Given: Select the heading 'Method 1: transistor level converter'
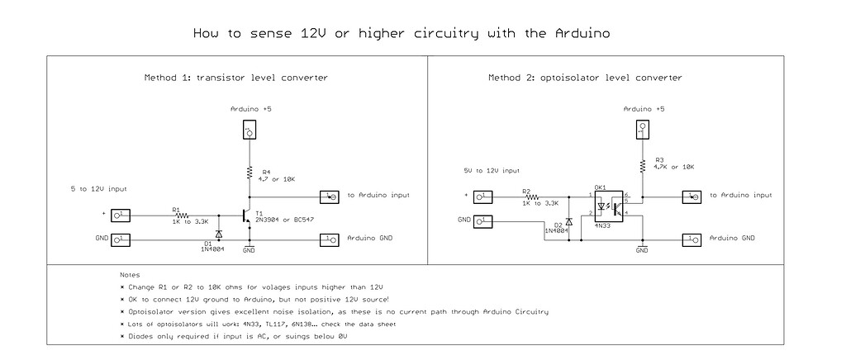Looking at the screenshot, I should tap(236, 78).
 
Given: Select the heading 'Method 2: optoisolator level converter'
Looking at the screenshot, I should tap(585, 78).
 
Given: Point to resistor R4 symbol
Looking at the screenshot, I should tap(249, 173).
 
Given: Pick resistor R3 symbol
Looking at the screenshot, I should tap(642, 165).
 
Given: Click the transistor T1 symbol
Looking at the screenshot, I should tap(245, 216).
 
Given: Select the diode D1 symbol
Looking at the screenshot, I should tap(219, 233).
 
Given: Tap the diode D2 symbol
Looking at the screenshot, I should tap(569, 223).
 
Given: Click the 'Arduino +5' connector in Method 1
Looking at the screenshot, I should tap(249, 130).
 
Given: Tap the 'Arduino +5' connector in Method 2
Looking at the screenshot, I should tap(642, 129).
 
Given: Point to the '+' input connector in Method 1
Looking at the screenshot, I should tap(121, 216).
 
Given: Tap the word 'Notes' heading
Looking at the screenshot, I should tap(130, 275).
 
